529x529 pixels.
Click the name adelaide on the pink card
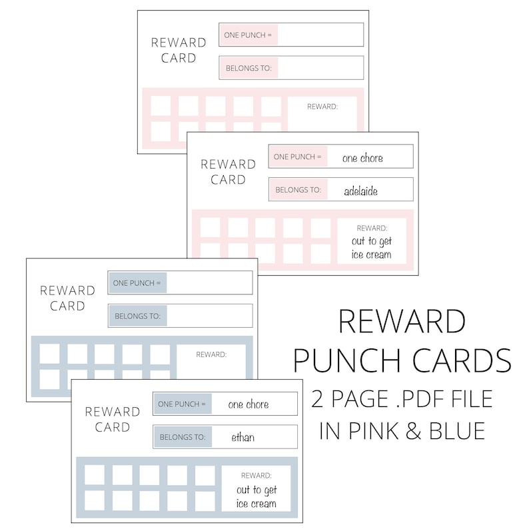click(360, 191)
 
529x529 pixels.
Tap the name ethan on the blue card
click(243, 438)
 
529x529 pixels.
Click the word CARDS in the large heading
click(458, 360)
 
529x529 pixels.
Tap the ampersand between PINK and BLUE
click(417, 430)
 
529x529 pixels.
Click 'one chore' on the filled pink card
click(362, 158)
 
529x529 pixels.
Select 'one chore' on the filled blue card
click(249, 404)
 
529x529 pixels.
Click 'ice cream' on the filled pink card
click(370, 255)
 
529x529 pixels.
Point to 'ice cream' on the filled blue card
click(257, 503)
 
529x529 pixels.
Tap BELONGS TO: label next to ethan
click(182, 438)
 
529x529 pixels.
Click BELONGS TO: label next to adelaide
click(298, 190)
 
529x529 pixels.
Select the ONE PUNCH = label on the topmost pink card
click(248, 35)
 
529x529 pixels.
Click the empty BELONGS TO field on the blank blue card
click(209, 316)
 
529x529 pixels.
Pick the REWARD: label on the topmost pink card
click(322, 107)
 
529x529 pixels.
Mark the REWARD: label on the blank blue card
click(211, 354)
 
